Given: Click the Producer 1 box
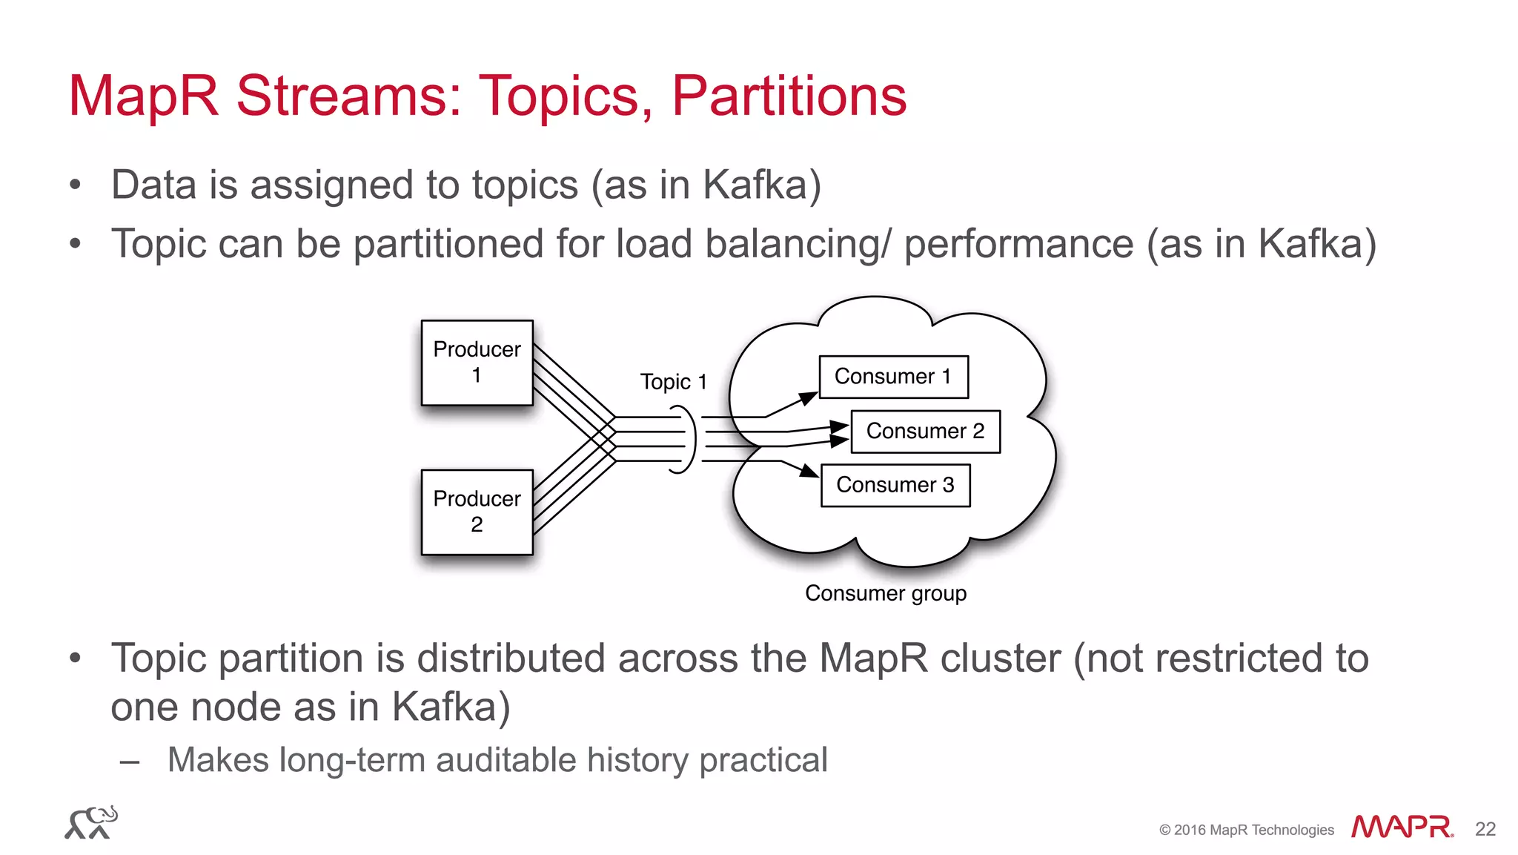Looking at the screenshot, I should click(477, 363).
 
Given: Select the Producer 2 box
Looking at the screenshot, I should click(477, 512).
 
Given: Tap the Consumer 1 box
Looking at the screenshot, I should click(893, 377).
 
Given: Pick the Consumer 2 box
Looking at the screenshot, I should click(925, 431).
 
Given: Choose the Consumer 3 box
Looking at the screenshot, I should click(895, 485).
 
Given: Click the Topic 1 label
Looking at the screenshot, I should click(673, 382).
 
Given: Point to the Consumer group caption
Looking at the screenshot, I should click(886, 593).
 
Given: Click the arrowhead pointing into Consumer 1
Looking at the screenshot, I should click(809, 398).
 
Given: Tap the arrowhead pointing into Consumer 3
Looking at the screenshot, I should click(810, 472).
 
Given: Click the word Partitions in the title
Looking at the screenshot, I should click(789, 96).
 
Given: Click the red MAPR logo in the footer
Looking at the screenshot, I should click(1402, 827).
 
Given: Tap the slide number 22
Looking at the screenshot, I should click(1485, 829).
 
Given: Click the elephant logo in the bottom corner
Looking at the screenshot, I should click(91, 823).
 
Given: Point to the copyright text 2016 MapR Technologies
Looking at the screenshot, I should click(1247, 830).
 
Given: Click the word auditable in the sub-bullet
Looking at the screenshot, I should click(505, 760).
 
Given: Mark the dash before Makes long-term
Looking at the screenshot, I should click(130, 762).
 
